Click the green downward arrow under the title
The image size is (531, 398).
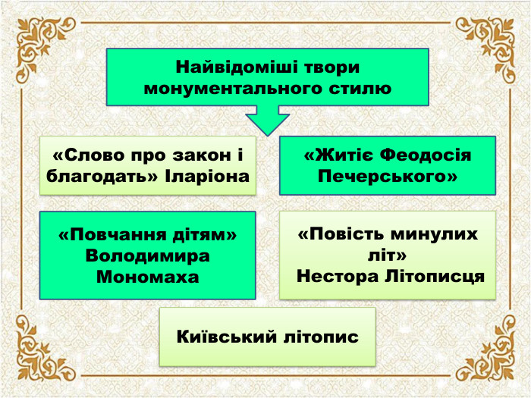[267, 121]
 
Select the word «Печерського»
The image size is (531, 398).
[388, 177]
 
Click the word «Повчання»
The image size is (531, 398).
[108, 235]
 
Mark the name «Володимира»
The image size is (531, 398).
[148, 255]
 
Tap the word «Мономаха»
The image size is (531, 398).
[148, 277]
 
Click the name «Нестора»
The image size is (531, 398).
[334, 276]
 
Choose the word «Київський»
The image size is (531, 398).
[225, 336]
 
